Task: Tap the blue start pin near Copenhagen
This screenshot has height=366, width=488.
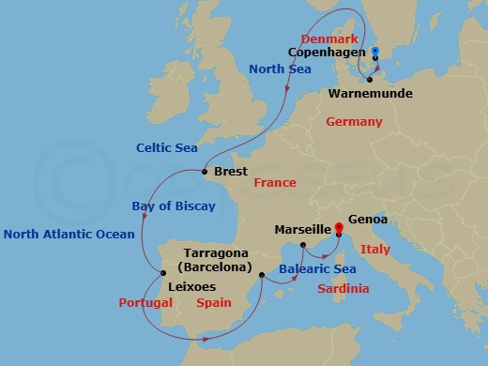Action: point(374,53)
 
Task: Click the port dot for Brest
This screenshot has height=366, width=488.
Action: point(205,172)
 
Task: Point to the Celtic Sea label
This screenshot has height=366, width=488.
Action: point(167,146)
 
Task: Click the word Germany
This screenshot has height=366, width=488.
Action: point(354,122)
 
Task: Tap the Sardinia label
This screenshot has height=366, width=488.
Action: point(341,288)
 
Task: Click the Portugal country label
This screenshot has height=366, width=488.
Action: point(145,303)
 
